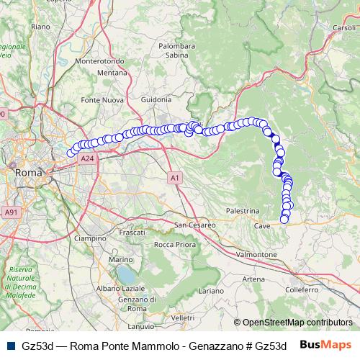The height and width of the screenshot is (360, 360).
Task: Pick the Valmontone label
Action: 256,255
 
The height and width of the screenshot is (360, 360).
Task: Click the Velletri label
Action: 183,318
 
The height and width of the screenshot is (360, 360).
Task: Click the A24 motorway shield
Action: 87,158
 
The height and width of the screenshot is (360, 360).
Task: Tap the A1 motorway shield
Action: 176,176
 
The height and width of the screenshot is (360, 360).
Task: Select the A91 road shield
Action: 11,212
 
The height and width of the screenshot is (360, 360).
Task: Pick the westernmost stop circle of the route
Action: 71,153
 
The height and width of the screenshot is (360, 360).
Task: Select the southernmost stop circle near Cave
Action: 284,220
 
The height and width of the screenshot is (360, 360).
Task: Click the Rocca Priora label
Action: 175,245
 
